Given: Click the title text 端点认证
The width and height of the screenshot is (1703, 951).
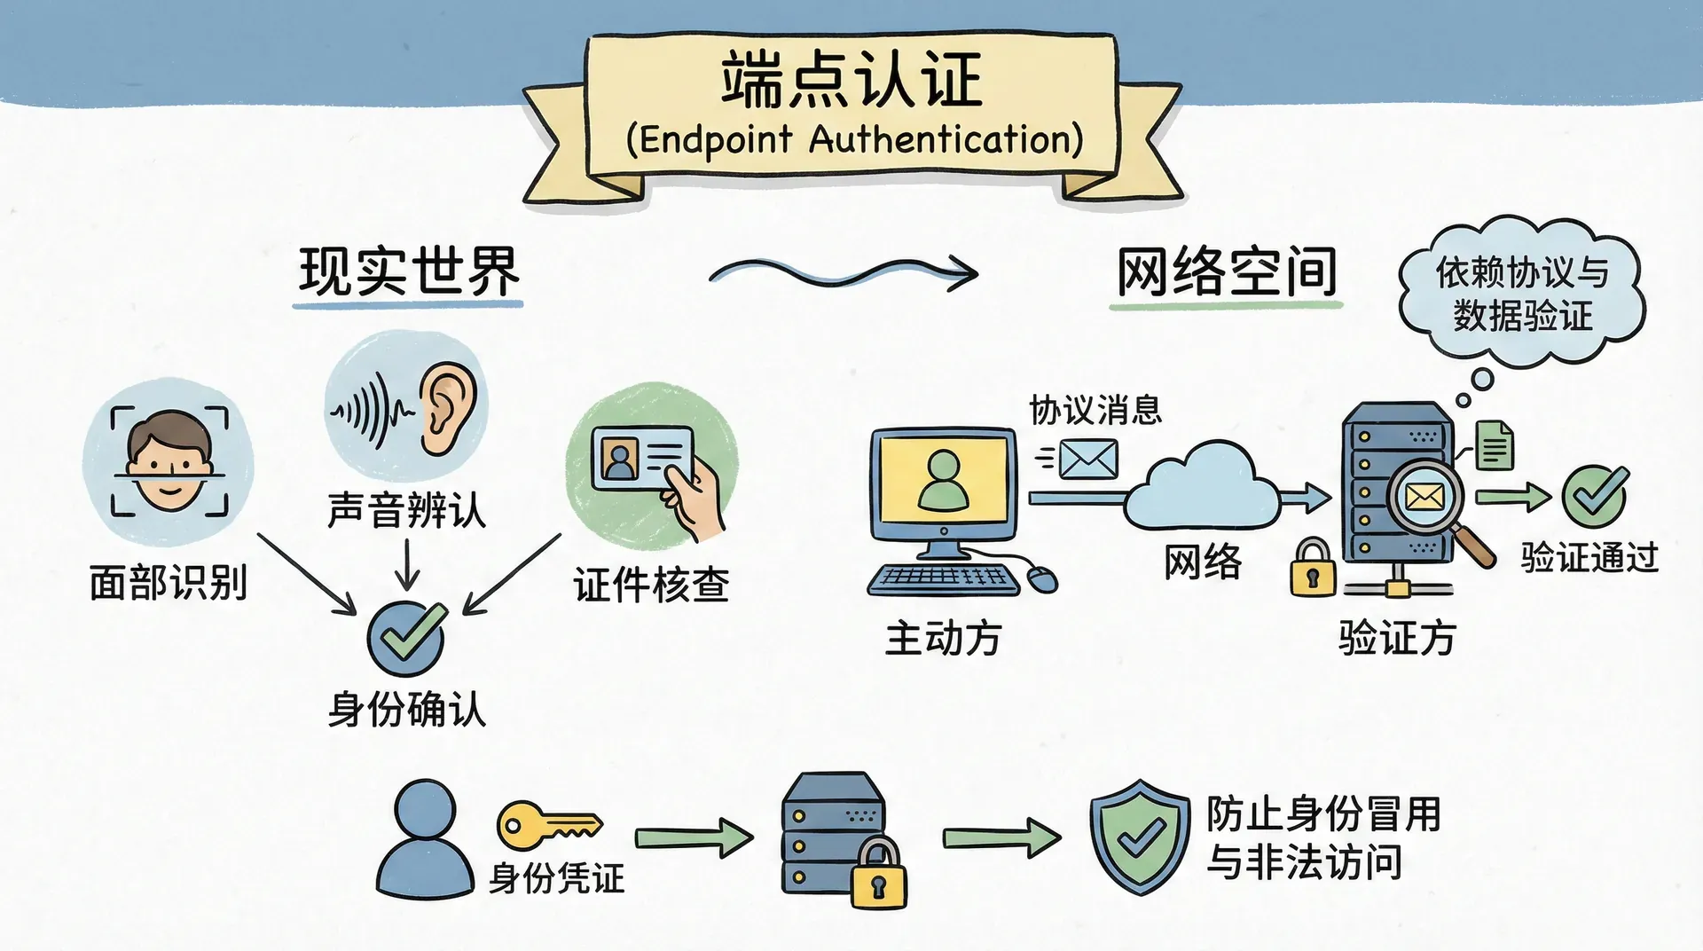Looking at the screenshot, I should coord(851,80).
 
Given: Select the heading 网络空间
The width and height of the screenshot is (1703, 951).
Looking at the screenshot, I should coord(1226,272).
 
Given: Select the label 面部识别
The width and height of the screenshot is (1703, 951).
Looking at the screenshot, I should coord(168,583).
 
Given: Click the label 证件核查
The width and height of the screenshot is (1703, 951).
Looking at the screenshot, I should coord(651,586).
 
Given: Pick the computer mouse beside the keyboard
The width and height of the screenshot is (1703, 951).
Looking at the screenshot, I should coord(1042,579).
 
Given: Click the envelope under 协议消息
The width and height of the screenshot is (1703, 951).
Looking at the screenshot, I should coord(1088,460).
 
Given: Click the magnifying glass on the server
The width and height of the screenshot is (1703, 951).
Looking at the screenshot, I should coord(1430,501).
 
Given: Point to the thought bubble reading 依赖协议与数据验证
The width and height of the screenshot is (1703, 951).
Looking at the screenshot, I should coord(1522,293).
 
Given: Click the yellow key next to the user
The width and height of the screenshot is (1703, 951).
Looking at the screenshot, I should coord(546,825).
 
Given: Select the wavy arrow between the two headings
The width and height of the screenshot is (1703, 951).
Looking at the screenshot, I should coord(843,271).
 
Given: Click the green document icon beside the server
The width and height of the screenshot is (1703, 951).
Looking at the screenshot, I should coord(1495,444).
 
